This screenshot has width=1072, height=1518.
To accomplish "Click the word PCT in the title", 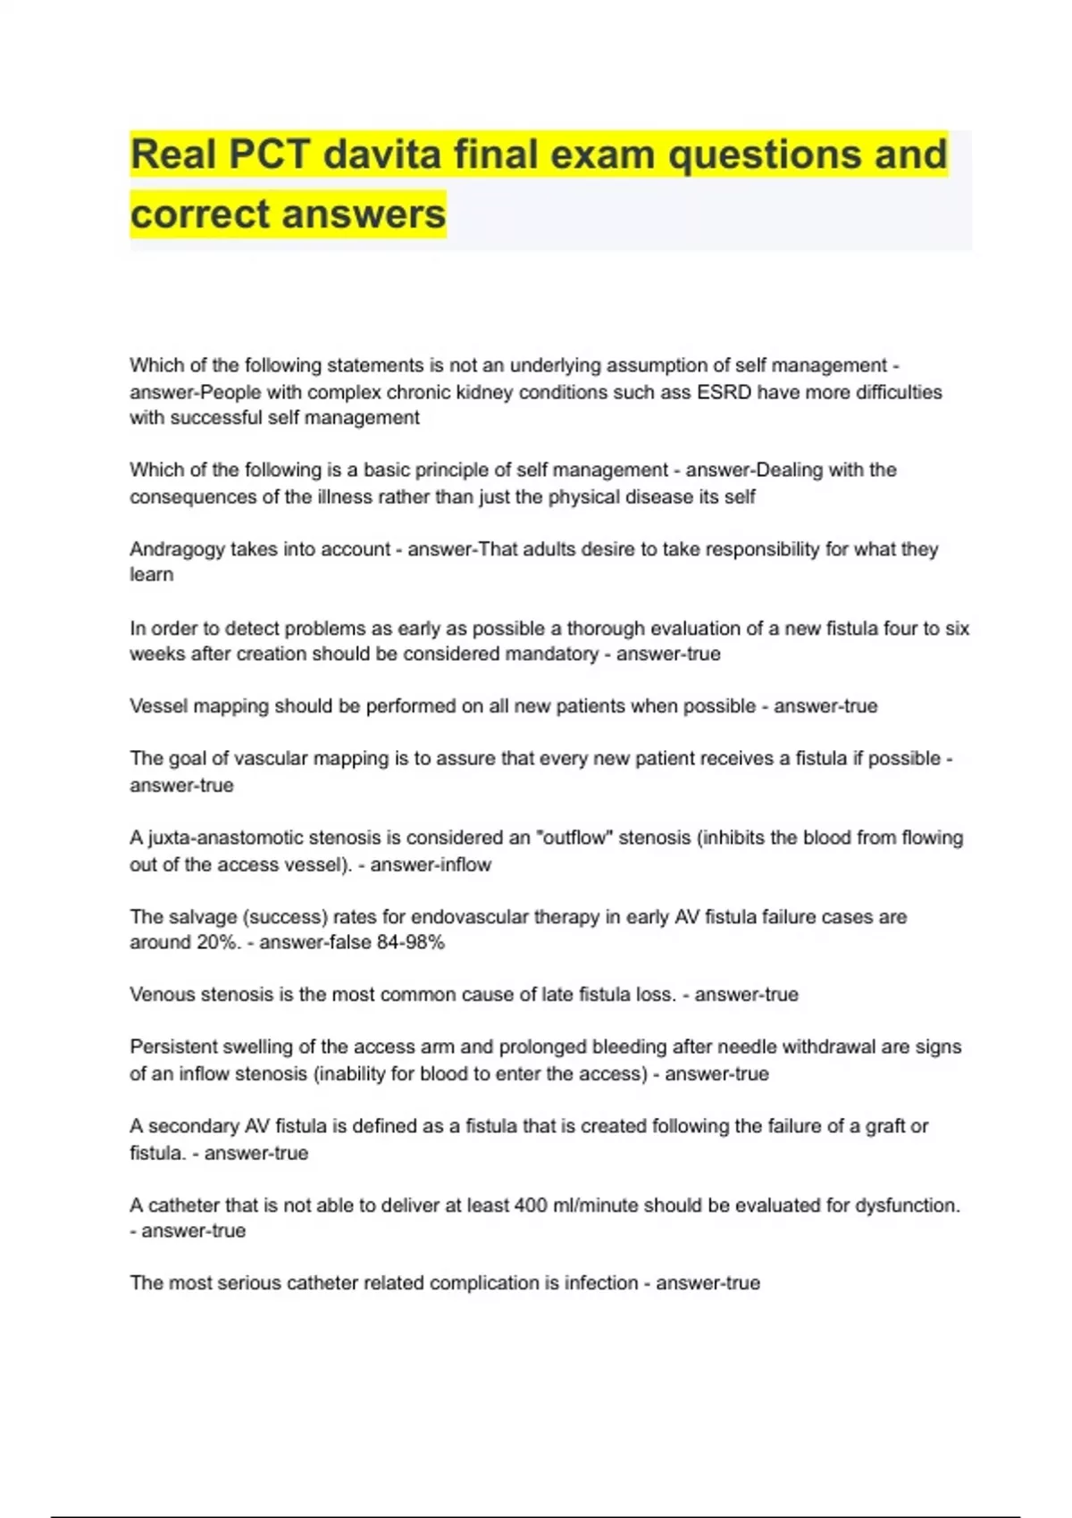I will [269, 154].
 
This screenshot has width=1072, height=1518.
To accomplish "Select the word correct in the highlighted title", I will [199, 214].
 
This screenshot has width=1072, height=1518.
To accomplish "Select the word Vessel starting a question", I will [155, 706].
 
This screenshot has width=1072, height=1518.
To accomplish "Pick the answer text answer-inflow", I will [431, 864].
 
